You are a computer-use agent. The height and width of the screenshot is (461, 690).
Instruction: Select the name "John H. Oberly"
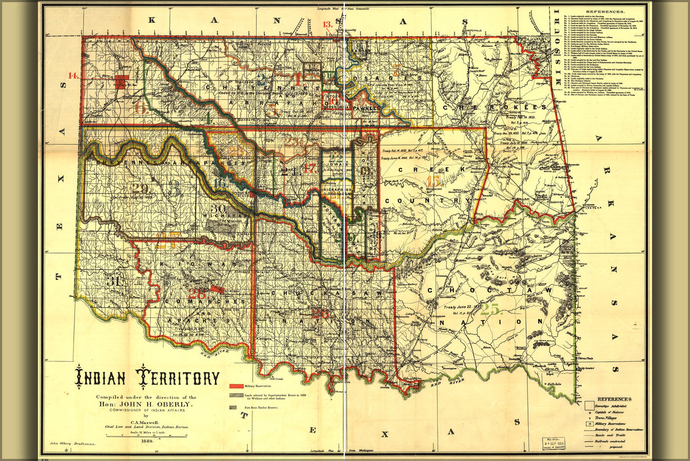point(146,404)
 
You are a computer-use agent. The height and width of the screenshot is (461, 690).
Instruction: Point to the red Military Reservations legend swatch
point(236,385)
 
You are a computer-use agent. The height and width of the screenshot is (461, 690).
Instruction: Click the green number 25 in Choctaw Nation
point(490,308)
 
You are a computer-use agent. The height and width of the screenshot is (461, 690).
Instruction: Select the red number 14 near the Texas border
point(74,76)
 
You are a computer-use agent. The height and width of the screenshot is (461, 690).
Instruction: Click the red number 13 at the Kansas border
point(328,25)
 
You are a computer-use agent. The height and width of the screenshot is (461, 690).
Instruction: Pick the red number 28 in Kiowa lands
point(197,294)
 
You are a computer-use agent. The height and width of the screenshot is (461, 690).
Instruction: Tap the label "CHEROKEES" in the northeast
point(495,107)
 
